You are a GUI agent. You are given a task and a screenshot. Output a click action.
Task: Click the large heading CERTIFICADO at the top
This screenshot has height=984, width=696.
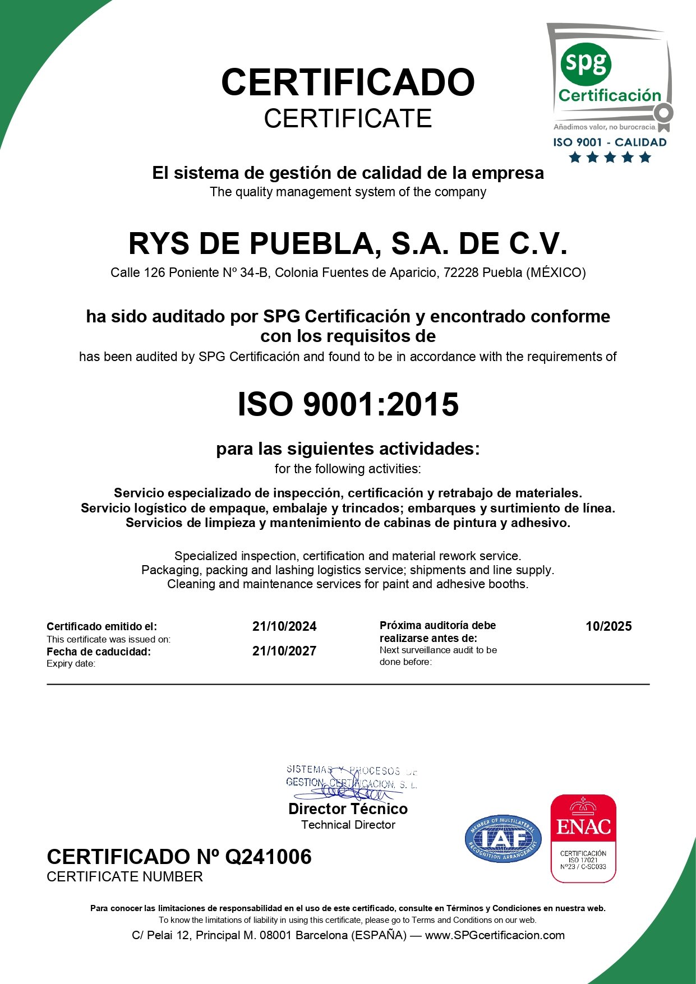(x=348, y=82)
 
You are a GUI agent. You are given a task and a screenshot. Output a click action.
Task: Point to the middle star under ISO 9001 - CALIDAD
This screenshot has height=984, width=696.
(x=610, y=158)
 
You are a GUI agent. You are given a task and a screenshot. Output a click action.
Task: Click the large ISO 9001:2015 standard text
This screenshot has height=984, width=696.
(x=348, y=404)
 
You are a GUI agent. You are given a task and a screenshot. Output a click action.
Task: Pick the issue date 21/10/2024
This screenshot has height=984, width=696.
(x=284, y=626)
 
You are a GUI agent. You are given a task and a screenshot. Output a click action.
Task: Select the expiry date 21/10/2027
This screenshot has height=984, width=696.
(x=284, y=651)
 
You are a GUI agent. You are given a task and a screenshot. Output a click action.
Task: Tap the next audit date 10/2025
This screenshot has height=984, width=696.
(x=609, y=626)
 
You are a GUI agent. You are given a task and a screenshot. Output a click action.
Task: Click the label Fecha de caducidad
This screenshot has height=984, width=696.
(x=99, y=652)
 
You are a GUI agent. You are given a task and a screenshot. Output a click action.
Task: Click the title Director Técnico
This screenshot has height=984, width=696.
(x=348, y=809)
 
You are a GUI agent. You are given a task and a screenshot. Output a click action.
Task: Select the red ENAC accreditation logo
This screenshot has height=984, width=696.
(x=583, y=838)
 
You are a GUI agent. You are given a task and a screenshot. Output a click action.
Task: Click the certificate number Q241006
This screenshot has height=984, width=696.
(x=268, y=857)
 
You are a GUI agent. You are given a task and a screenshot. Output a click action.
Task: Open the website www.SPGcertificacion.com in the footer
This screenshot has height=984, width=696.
(x=495, y=935)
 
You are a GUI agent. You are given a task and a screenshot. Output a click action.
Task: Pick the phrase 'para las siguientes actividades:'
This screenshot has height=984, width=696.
(x=348, y=449)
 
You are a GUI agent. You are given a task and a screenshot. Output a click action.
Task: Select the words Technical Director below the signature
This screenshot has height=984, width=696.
(x=348, y=825)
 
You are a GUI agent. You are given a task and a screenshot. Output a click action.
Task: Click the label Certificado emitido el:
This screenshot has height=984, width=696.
(x=102, y=626)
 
